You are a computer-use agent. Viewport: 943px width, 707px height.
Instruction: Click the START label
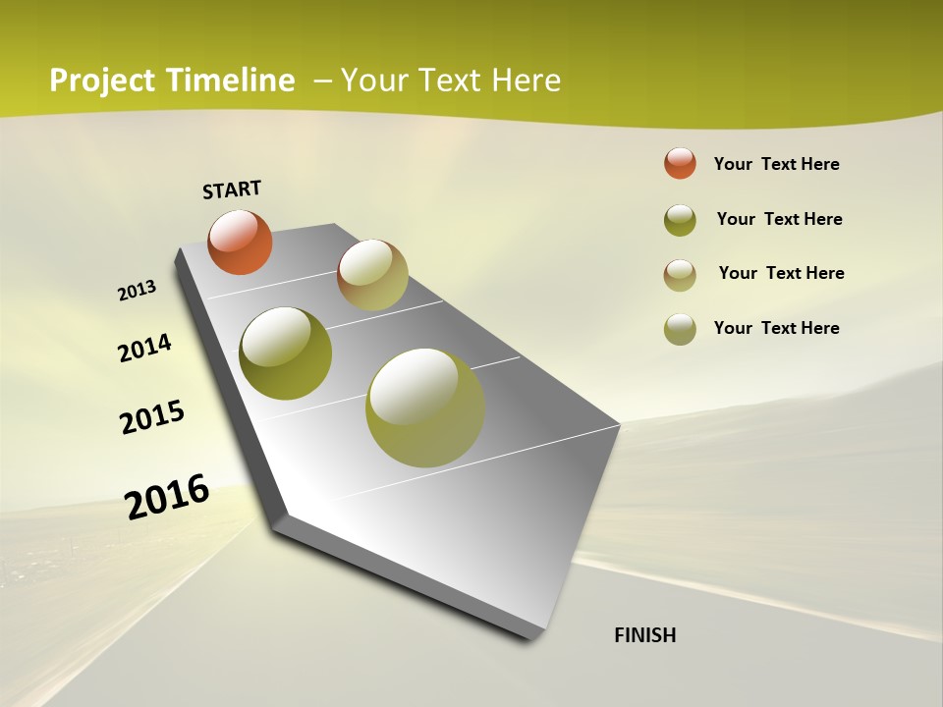click(232, 190)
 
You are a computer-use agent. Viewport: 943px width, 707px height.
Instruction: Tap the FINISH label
click(645, 635)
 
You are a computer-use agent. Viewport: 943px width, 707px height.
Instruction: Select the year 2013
click(137, 291)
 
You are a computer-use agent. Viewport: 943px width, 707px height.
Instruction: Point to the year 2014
click(144, 348)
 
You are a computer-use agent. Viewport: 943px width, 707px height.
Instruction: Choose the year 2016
click(167, 496)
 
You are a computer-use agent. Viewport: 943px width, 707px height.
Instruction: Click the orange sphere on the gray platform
click(240, 242)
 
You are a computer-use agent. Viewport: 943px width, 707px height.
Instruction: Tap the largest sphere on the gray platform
click(425, 408)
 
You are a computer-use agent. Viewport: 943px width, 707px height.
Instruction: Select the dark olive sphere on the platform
click(285, 353)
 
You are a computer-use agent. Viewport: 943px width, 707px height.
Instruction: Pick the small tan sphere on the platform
click(372, 275)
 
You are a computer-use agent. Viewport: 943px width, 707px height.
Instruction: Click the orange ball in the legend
click(680, 163)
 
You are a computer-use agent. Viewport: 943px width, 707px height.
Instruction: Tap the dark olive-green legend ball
click(680, 220)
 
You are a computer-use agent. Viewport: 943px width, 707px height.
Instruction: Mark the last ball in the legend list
click(680, 329)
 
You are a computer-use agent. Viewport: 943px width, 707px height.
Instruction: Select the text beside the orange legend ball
click(776, 164)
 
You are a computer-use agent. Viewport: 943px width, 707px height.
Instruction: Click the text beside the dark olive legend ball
click(779, 219)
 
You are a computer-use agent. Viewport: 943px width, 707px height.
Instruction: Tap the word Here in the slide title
click(526, 81)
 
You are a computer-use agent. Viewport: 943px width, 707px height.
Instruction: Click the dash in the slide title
click(322, 81)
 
